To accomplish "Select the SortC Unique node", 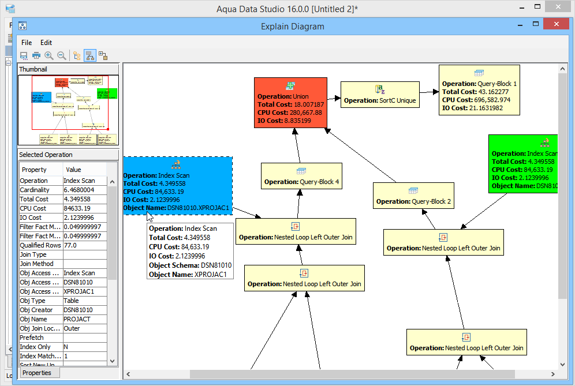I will pyautogui.click(x=379, y=95).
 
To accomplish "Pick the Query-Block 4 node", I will pyautogui.click(x=301, y=177).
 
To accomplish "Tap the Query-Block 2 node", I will pyautogui.click(x=413, y=196).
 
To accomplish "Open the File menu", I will pyautogui.click(x=27, y=43).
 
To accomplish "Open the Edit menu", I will pyautogui.click(x=46, y=43).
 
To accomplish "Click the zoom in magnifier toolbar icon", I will pyautogui.click(x=49, y=56).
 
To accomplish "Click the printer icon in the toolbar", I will pyautogui.click(x=36, y=56).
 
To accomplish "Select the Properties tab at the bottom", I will pyautogui.click(x=37, y=373).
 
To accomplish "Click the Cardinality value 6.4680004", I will pyautogui.click(x=84, y=190).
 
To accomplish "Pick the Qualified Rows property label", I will pyautogui.click(x=40, y=245).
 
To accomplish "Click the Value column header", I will pyautogui.click(x=74, y=170).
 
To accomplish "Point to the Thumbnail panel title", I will pyautogui.click(x=33, y=69).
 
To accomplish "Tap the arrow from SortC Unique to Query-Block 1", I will pyautogui.click(x=428, y=92).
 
